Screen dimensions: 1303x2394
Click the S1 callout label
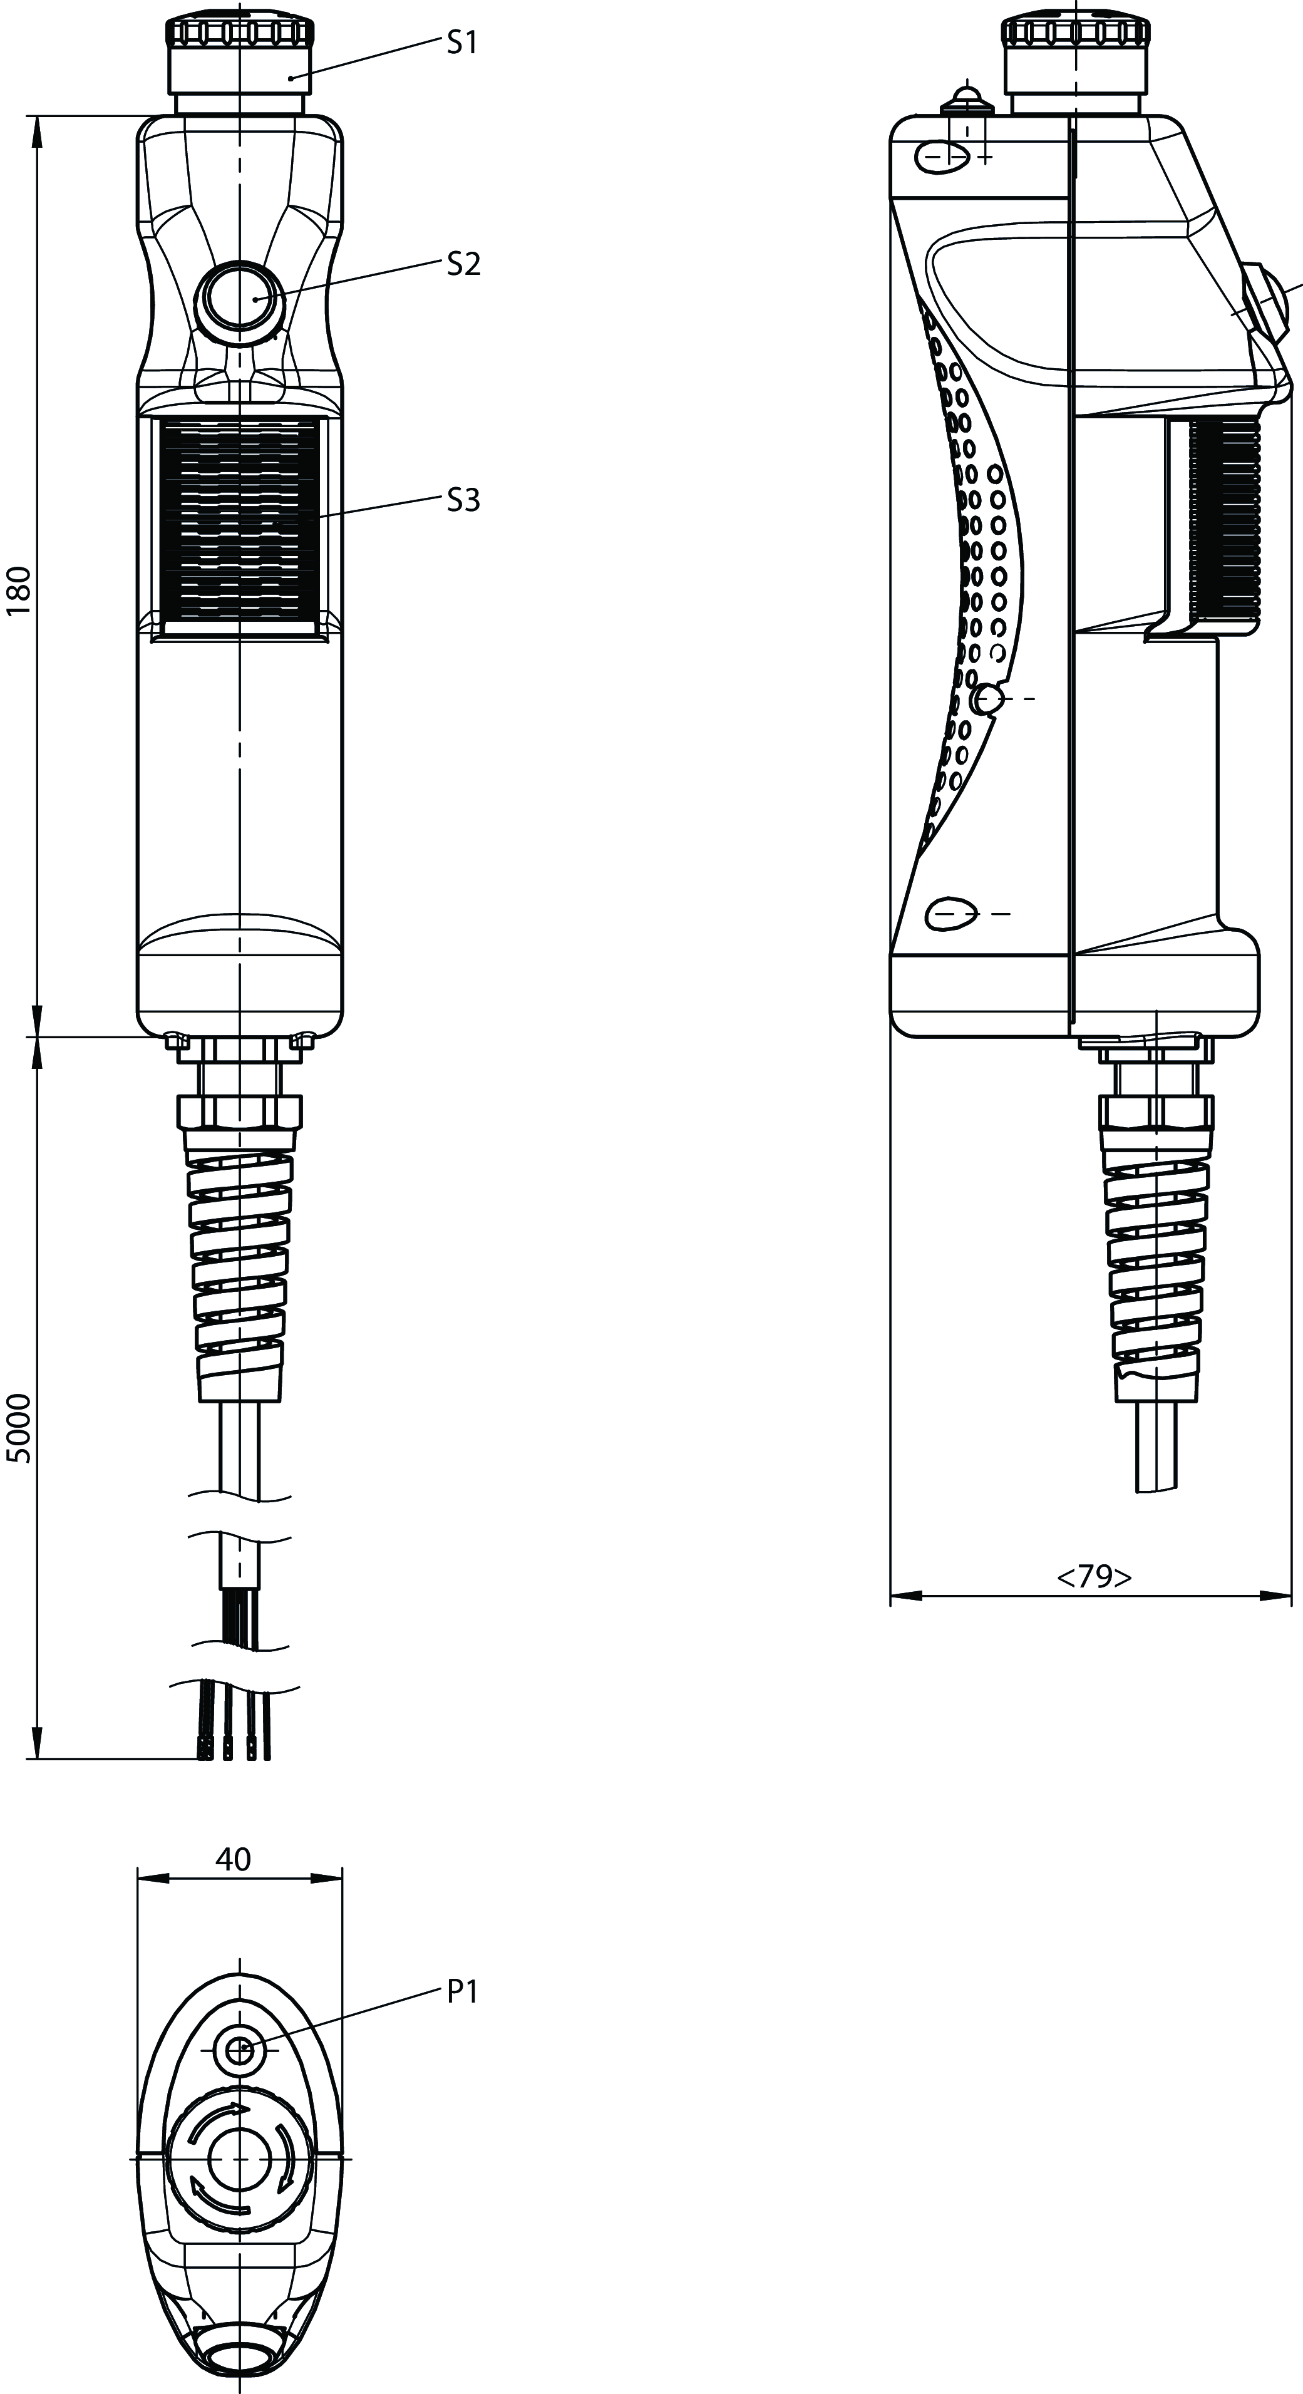[x=462, y=42]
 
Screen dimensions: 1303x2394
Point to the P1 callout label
[x=462, y=1991]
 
